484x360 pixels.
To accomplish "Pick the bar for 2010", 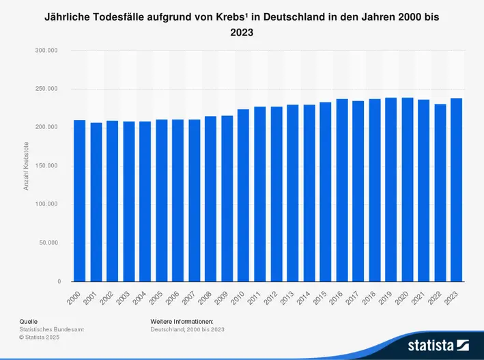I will tap(244, 195).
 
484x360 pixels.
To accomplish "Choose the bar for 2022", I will tap(440, 193).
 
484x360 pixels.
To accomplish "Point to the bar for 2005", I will tap(162, 200).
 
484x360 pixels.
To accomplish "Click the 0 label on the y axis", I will tap(58, 281).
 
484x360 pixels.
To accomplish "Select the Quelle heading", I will tap(28, 321).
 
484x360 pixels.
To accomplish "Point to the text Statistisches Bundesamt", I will tap(51, 329).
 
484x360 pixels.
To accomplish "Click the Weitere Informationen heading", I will tap(182, 321).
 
